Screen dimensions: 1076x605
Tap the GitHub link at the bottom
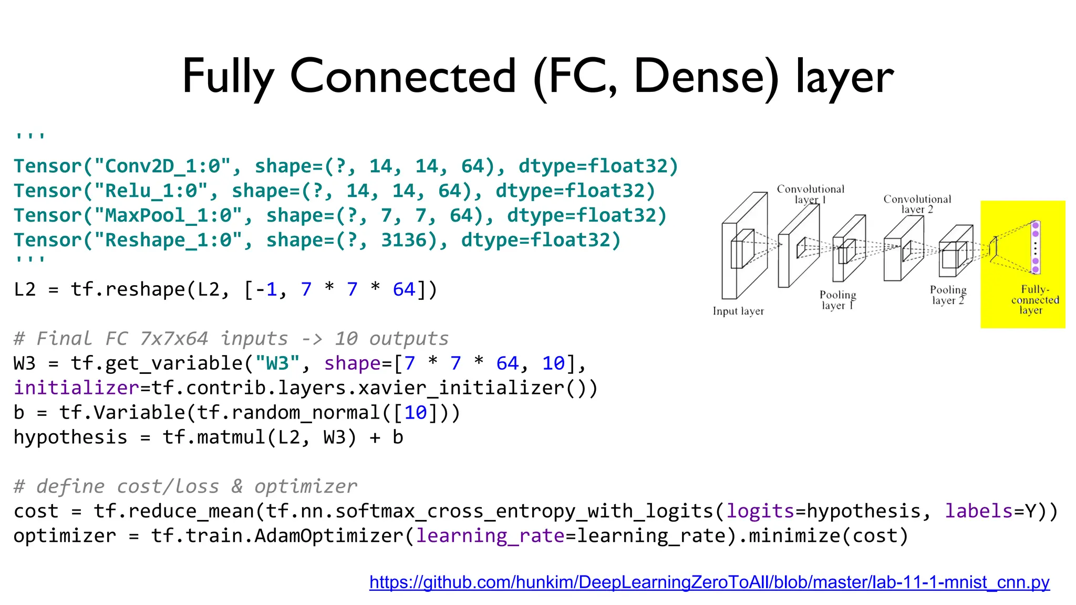[709, 582]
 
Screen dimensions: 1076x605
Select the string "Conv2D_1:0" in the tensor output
[163, 166]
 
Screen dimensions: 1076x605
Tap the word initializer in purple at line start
[77, 388]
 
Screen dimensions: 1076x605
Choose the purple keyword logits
[760, 512]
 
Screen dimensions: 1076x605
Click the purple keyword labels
[979, 512]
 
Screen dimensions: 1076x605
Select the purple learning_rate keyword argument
[490, 536]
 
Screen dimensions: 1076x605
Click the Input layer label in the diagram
[738, 311]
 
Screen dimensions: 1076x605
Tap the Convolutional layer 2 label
[917, 204]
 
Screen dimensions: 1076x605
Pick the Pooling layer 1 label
[837, 300]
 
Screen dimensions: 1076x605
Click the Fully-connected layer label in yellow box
[1034, 300]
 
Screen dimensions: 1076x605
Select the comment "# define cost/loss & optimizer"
[185, 487]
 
